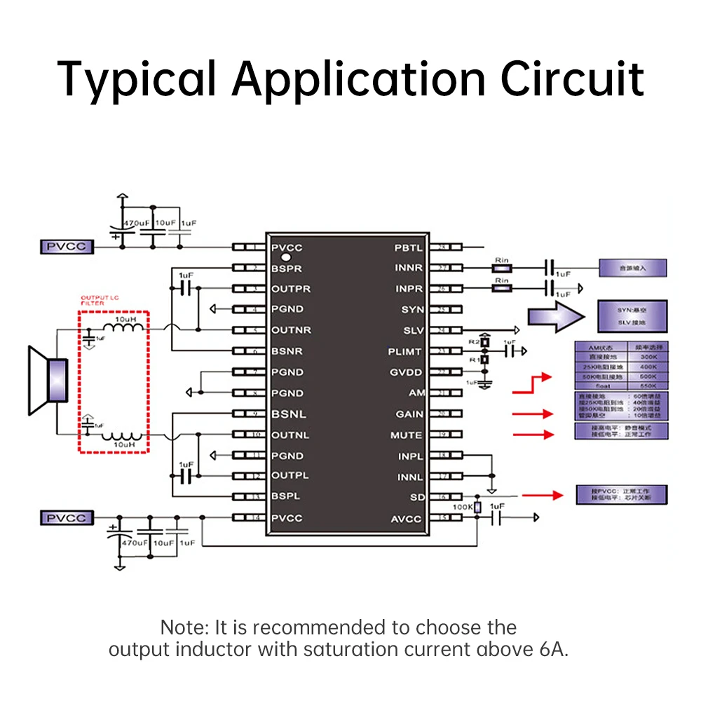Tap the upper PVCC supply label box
coord(66,247)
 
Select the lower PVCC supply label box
coord(66,518)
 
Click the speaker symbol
coord(48,380)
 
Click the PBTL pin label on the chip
coord(409,247)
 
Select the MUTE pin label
coord(407,435)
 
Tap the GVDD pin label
coord(407,372)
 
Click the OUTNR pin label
coord(291,330)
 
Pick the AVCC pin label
coord(407,519)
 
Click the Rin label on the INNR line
coord(501,260)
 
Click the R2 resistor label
coord(473,341)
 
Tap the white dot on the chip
coord(286,261)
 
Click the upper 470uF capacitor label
coord(137,222)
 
